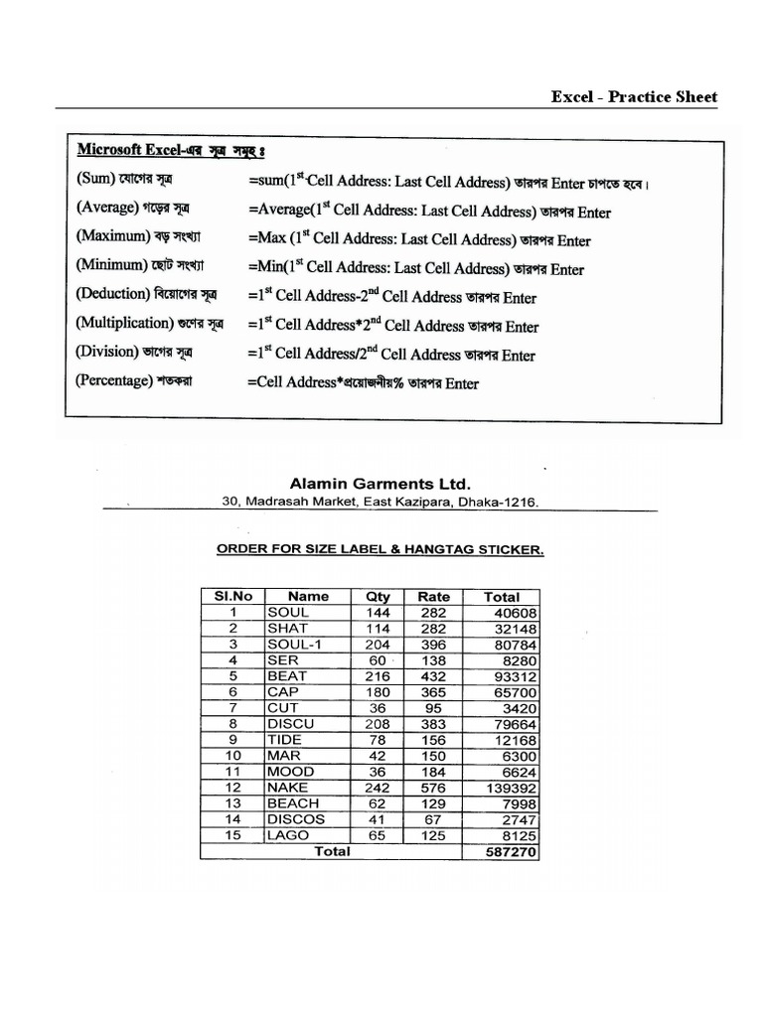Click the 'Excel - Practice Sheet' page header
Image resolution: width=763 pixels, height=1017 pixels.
pos(634,96)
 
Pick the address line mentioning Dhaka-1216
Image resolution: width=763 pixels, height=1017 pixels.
pos(381,503)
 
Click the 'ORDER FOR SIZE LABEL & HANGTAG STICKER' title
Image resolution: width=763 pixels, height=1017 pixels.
pos(381,549)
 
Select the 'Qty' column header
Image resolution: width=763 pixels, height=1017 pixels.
pos(378,597)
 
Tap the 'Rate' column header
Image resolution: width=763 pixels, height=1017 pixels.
pos(433,597)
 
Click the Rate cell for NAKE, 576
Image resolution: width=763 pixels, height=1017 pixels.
pos(433,788)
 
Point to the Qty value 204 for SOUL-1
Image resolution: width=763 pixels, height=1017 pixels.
pos(378,645)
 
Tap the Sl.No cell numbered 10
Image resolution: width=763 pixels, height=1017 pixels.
pos(232,756)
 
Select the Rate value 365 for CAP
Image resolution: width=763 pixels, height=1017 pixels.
pos(433,692)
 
